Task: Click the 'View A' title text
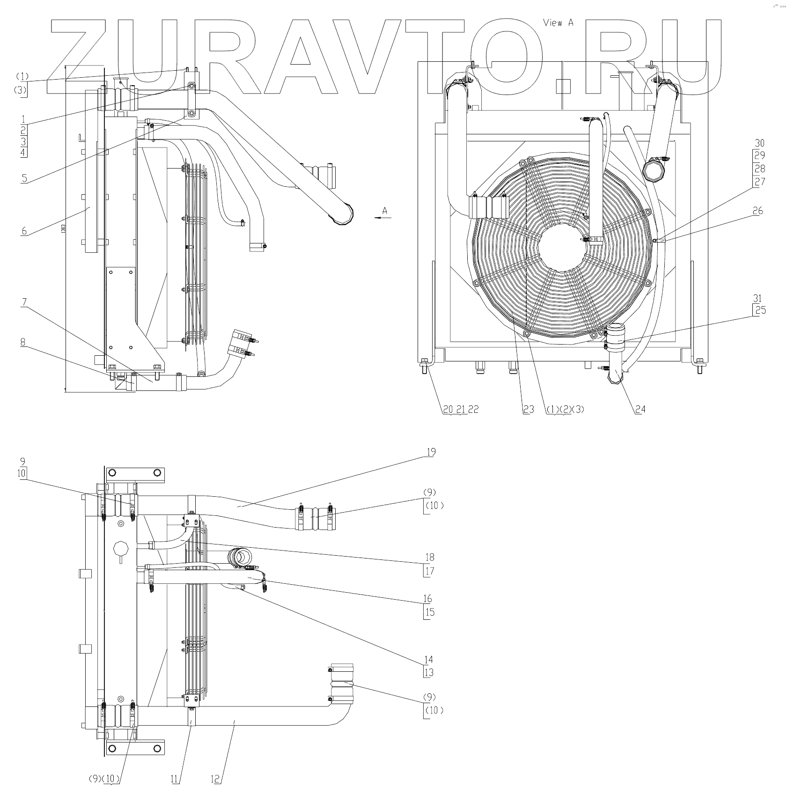[558, 23]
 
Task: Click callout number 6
[23, 230]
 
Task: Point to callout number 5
[23, 178]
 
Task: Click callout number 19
[431, 452]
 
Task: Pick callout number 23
[528, 409]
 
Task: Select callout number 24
[640, 409]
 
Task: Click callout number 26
[758, 211]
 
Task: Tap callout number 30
[759, 143]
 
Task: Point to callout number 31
[759, 298]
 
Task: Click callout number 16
[428, 599]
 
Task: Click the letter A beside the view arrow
[385, 211]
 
